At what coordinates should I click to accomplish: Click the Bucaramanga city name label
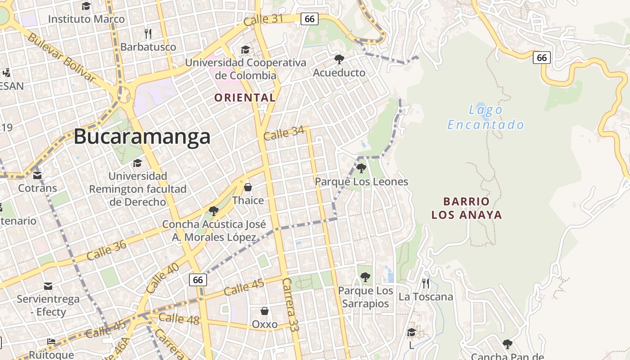tap(142, 136)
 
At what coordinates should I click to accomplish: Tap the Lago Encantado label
tap(486, 117)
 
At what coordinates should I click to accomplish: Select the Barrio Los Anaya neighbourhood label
tap(467, 208)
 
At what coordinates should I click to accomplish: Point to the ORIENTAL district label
tap(245, 98)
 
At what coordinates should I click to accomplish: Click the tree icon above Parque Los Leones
tap(361, 168)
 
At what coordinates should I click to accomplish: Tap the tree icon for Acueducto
tap(339, 59)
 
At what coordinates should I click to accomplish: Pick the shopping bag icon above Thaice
tap(248, 187)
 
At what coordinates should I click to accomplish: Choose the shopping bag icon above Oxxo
tap(265, 311)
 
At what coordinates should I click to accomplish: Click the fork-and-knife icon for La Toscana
tap(425, 283)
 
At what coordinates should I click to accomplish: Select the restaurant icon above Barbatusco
tap(148, 33)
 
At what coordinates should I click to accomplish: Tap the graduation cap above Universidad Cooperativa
tap(245, 49)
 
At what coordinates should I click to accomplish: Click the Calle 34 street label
tap(284, 134)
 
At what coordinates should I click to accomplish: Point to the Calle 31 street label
tap(263, 19)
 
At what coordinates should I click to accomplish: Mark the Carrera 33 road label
tap(291, 305)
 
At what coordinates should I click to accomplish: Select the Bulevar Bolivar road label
tap(62, 57)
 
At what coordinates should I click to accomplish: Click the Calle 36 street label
tap(106, 250)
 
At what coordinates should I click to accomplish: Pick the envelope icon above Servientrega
tap(48, 286)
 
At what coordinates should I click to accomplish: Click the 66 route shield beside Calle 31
tap(310, 18)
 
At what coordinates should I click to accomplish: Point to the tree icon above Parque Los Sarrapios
tap(365, 277)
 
